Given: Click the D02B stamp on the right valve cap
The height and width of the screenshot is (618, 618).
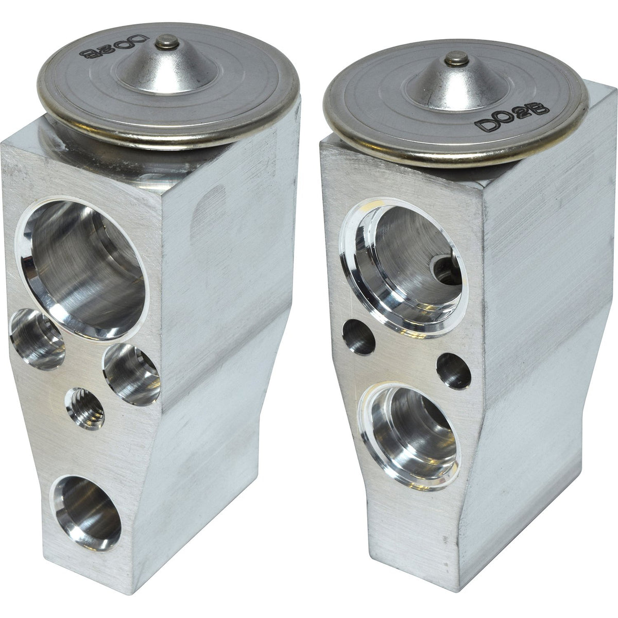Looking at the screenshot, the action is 511,117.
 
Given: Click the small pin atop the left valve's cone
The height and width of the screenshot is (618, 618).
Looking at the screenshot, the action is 167,42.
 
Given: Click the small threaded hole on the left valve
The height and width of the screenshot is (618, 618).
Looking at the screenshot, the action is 85,408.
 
